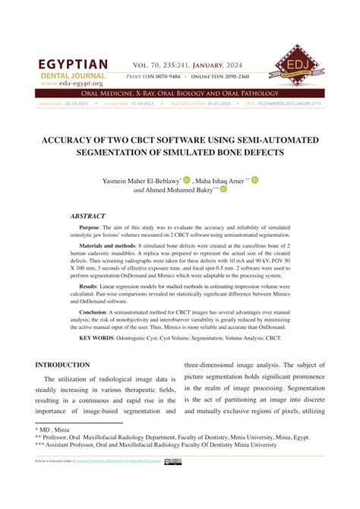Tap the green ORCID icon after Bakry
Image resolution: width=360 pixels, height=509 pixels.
pyautogui.click(x=224, y=190)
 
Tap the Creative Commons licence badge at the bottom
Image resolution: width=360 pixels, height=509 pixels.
pyautogui.click(x=172, y=461)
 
